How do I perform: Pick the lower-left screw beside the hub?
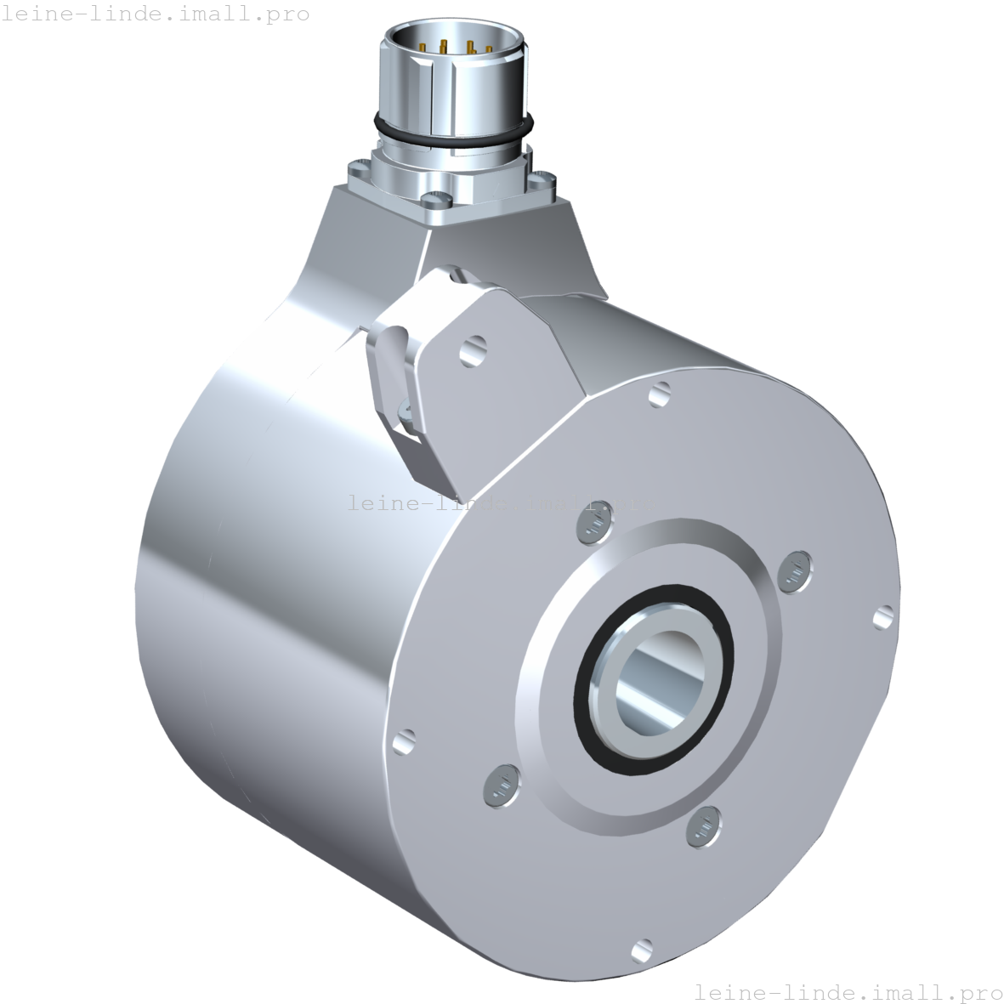500,786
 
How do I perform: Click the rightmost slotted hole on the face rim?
884,616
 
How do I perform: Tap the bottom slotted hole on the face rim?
642,947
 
